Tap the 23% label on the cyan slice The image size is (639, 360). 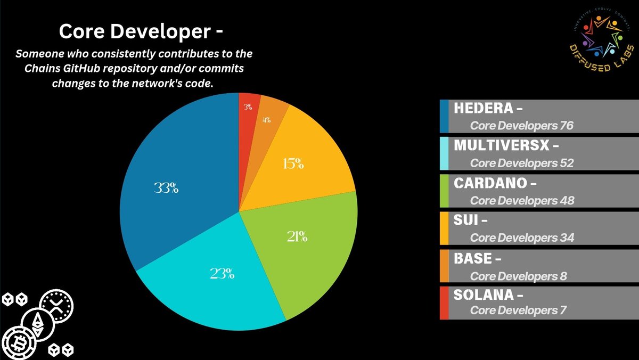[x=222, y=274]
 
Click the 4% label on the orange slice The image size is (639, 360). [x=266, y=120]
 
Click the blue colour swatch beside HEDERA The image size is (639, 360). [x=444, y=116]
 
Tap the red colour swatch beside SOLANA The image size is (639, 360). [x=444, y=302]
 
